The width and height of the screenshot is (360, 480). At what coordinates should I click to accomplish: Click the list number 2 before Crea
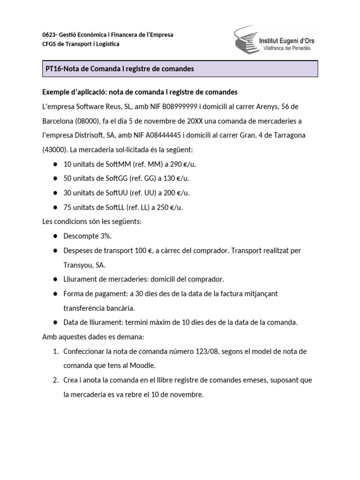55,380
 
